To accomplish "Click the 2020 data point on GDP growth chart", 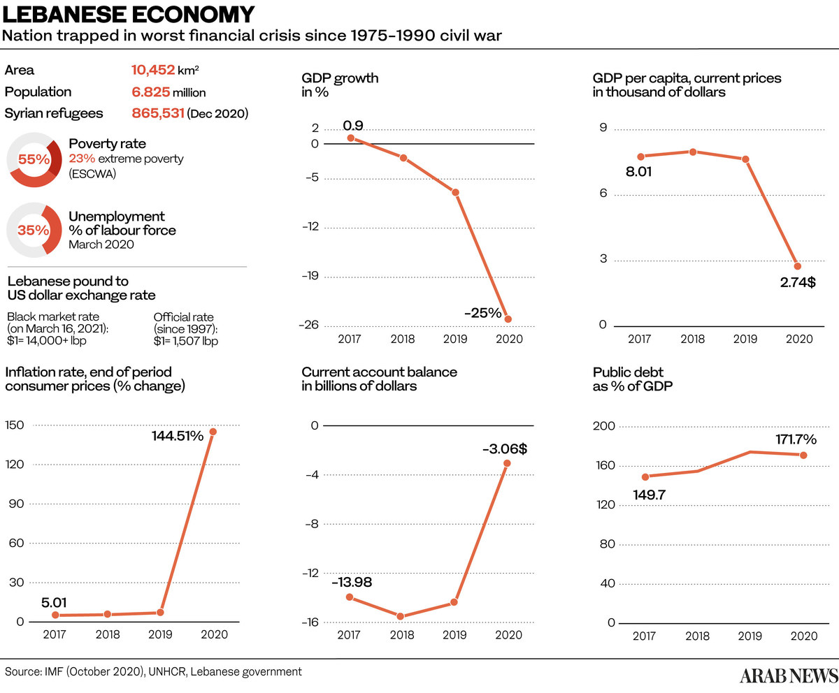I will [508, 319].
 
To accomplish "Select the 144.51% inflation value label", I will [178, 436].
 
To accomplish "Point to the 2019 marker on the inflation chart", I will [160, 613].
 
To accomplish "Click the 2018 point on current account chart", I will [401, 616].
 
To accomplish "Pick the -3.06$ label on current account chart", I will [504, 449].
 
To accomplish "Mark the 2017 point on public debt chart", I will [645, 477].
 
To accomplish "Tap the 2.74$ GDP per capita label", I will [797, 283].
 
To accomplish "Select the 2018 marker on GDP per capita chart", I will [693, 152].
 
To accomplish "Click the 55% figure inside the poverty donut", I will [34, 159].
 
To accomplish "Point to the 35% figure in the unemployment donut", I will [34, 230].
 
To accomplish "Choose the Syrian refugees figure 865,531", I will [158, 113].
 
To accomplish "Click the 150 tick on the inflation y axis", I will [15, 425].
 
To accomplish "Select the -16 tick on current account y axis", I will [309, 622].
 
